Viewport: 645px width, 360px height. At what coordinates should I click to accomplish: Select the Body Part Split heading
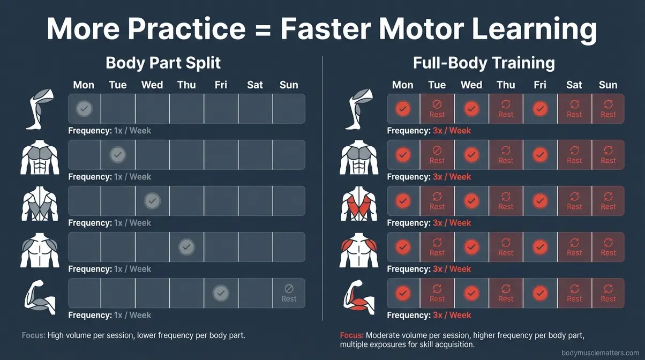pos(163,63)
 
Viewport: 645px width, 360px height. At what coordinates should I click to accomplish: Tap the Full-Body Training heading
pos(484,63)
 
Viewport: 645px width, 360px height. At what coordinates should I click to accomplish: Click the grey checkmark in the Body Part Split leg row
pos(84,109)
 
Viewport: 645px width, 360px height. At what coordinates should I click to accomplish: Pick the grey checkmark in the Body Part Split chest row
pos(118,155)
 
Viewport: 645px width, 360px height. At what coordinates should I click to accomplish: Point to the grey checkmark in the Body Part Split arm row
pos(221,293)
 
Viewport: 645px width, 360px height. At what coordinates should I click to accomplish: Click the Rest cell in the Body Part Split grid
pos(289,293)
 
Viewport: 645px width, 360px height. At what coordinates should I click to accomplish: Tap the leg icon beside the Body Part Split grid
pos(41,109)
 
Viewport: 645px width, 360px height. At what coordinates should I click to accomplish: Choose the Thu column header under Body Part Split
pos(186,85)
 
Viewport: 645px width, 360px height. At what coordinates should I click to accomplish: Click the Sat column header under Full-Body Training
pos(574,85)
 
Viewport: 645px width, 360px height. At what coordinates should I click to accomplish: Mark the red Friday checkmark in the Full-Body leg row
pos(540,109)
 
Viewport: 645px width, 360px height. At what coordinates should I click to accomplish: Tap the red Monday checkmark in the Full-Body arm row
pos(403,293)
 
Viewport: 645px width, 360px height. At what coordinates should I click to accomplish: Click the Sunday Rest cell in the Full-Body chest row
pos(608,155)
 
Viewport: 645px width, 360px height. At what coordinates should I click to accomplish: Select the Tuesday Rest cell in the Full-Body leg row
pos(437,109)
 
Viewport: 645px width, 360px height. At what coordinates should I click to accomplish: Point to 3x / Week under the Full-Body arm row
pos(452,315)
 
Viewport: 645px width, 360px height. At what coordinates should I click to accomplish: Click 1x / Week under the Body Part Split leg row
pos(132,131)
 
